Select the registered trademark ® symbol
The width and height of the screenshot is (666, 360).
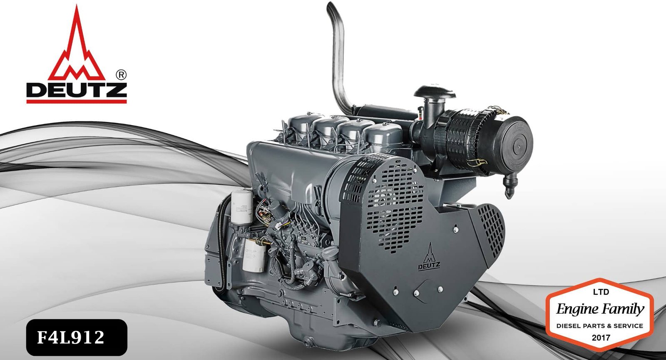click(x=121, y=75)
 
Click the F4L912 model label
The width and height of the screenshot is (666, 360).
click(x=70, y=338)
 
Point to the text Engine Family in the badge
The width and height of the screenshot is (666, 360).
click(x=600, y=309)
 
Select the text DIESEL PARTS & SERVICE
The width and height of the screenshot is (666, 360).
click(x=600, y=326)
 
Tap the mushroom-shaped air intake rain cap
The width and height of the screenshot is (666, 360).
click(x=434, y=92)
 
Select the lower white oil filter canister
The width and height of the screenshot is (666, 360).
click(x=254, y=256)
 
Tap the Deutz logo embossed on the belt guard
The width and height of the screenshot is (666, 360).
click(x=429, y=258)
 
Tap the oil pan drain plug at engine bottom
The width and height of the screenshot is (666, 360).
click(x=308, y=343)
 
